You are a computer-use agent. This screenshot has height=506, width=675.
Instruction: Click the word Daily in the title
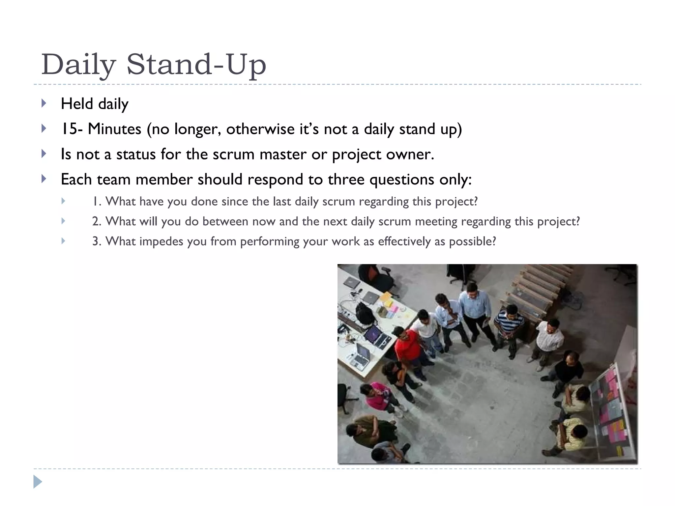[x=78, y=65]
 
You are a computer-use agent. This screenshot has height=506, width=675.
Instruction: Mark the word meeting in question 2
[x=436, y=221]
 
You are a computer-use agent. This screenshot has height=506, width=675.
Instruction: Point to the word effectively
[x=404, y=241]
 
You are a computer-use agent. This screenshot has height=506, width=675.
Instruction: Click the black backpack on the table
[x=365, y=313]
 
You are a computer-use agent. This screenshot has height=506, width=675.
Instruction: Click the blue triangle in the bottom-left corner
[x=38, y=482]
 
